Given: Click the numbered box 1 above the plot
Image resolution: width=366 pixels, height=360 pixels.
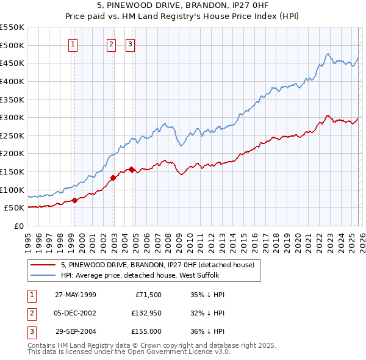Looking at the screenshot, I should pos(73,43).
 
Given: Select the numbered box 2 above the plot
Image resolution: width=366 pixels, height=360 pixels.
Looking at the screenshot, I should pos(112,43).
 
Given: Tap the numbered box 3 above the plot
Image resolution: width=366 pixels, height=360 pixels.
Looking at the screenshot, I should pos(131,43).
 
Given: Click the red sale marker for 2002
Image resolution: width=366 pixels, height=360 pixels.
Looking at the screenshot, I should pos(113,178).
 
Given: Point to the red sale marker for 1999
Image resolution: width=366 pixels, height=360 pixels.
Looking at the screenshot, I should pos(74,200).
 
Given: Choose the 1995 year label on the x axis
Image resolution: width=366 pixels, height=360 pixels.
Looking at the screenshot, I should pos(28,241).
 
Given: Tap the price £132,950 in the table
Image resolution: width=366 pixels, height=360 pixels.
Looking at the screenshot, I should pos(146,313).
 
